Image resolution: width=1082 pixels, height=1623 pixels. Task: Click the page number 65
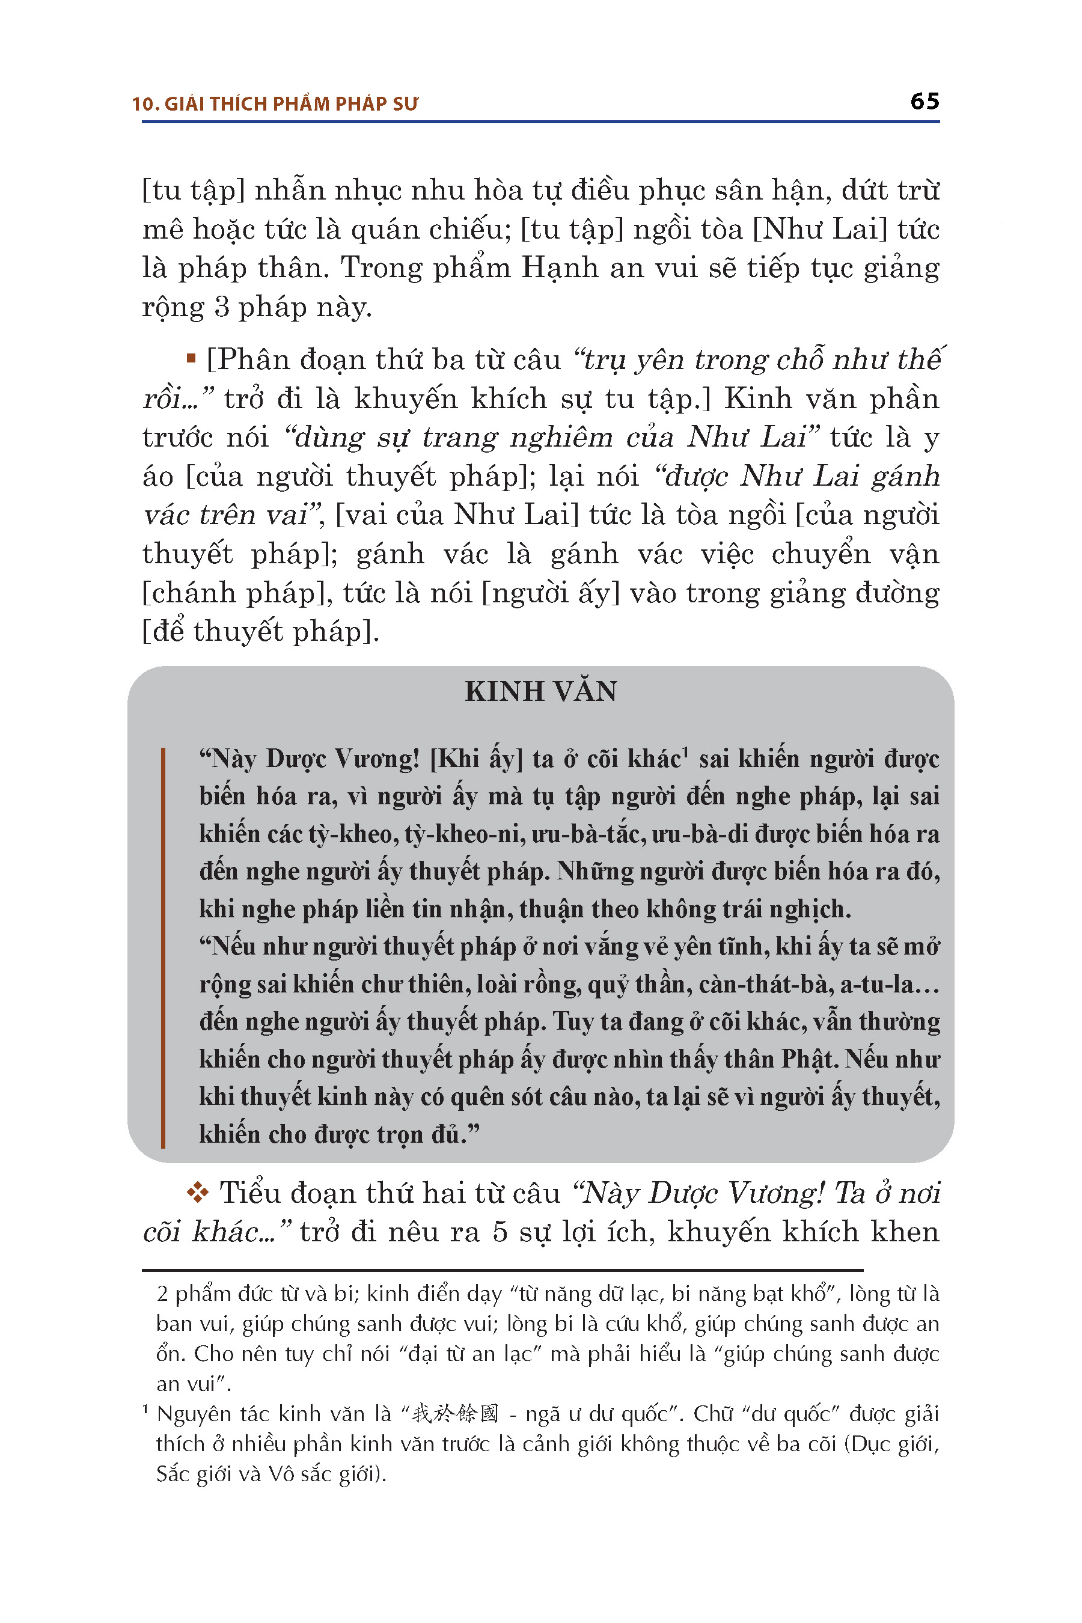click(924, 102)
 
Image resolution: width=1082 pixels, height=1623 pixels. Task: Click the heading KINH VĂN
click(540, 691)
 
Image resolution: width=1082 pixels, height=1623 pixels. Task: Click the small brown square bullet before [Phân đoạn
click(191, 358)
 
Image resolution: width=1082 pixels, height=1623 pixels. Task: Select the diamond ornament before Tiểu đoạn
click(197, 1193)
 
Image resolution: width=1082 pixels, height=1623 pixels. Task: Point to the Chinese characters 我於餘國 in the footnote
click(455, 1414)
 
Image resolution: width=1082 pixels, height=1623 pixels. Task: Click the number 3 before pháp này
click(221, 307)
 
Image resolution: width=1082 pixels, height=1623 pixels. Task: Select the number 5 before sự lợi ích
click(500, 1232)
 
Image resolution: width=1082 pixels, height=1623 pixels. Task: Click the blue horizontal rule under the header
click(540, 122)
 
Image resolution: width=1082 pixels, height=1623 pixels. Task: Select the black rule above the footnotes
click(502, 1270)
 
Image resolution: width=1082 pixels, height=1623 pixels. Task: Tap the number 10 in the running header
click(144, 104)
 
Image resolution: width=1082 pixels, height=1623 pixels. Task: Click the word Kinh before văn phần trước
click(754, 399)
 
